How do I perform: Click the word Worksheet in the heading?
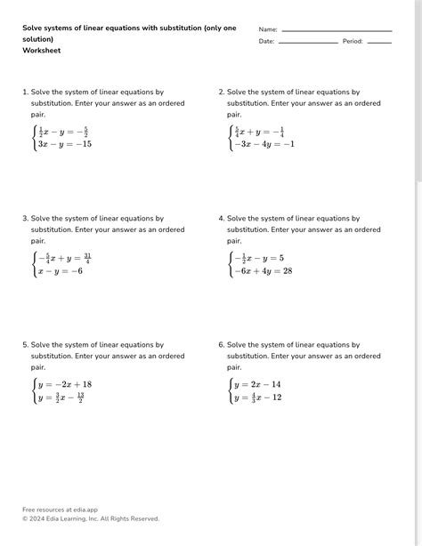42,51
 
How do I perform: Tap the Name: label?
268,29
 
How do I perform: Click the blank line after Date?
308,42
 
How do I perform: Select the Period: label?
353,42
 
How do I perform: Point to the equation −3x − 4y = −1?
264,144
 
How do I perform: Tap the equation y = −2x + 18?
65,384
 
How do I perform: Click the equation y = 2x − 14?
257,384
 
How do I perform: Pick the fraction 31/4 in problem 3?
86,258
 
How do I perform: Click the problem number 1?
25,92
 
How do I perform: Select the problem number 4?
221,218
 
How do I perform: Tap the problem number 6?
221,344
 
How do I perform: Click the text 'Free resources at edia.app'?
60,510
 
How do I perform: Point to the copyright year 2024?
37,518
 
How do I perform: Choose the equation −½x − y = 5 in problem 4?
259,258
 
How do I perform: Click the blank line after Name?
336,29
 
